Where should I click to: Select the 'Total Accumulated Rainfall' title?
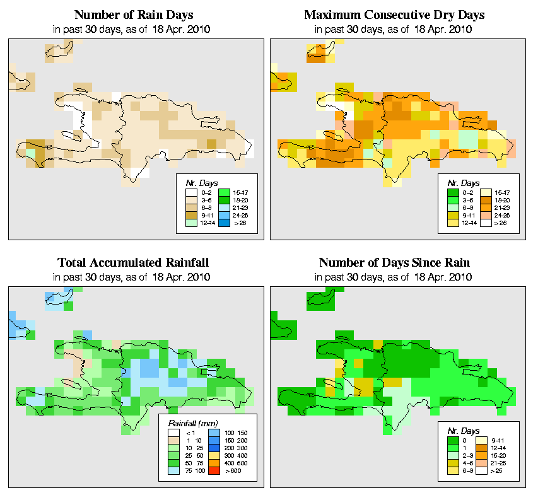coord(133,263)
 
